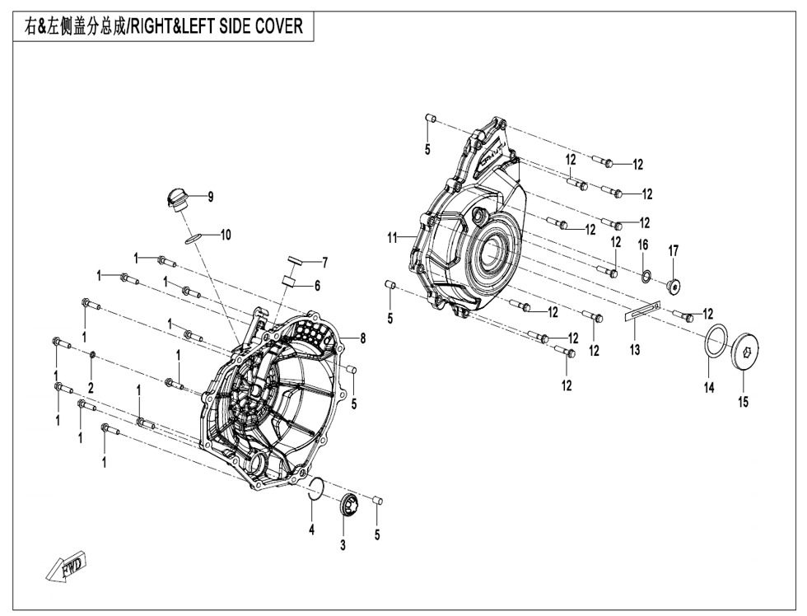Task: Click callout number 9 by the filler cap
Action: [210, 197]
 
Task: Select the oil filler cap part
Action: [175, 198]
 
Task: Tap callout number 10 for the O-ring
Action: [225, 235]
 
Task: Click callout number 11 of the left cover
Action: [393, 238]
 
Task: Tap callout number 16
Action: [643, 245]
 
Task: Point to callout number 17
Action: [674, 250]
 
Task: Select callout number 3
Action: [343, 545]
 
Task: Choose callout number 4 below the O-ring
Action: [311, 530]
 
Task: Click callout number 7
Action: [324, 263]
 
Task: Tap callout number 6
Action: [317, 286]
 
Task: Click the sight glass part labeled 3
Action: [347, 504]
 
